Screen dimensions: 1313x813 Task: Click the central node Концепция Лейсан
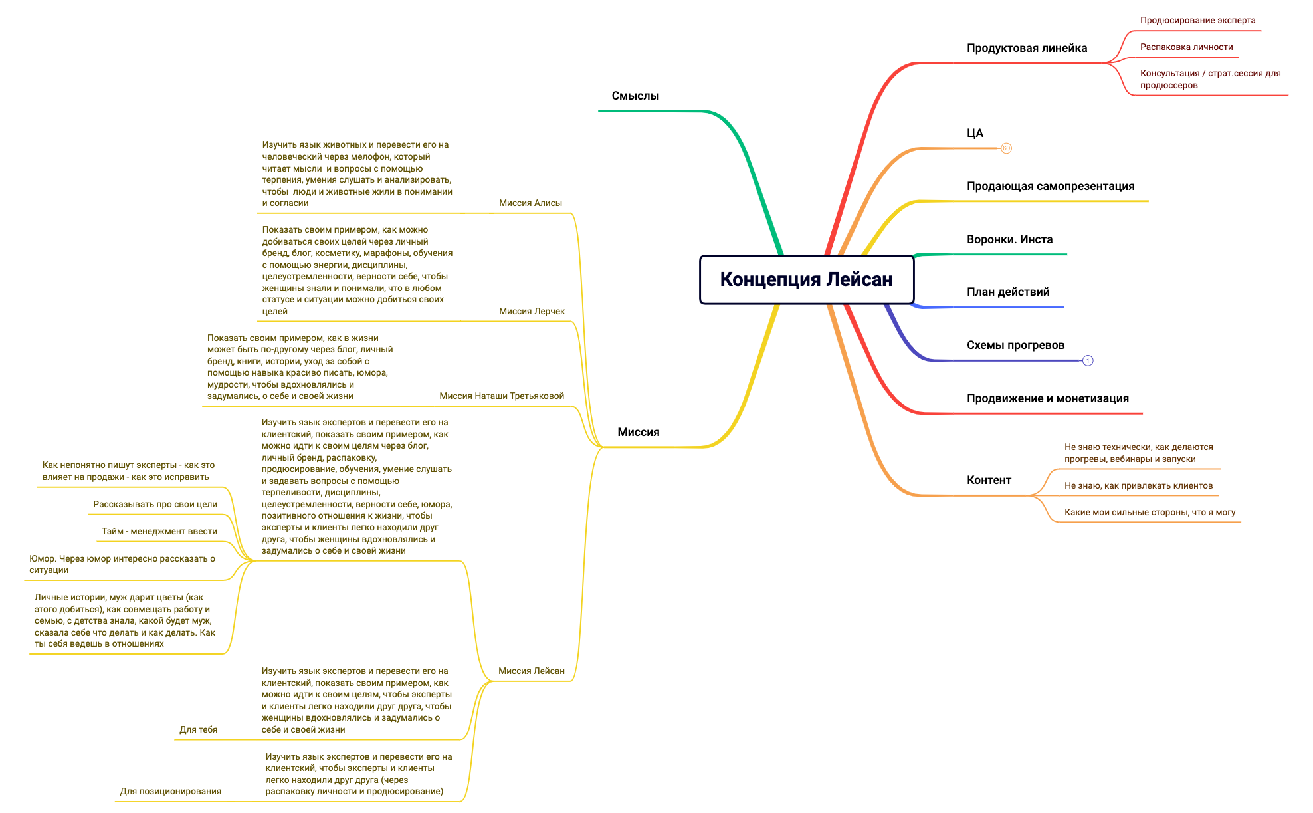(x=807, y=280)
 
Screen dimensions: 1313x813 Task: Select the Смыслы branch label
(x=635, y=96)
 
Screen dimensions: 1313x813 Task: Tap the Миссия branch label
(x=639, y=432)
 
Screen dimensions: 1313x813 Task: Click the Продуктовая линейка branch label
(x=1027, y=48)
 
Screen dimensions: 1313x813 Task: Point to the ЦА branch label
(x=975, y=133)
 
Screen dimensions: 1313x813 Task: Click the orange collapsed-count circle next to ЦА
(x=1006, y=148)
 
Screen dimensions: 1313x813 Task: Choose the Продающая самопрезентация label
(x=1051, y=186)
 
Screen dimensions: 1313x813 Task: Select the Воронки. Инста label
(x=1009, y=239)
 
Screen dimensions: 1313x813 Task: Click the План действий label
(x=1008, y=292)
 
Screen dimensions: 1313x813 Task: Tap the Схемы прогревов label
(x=1015, y=345)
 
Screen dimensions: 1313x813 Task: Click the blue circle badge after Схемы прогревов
(x=1088, y=361)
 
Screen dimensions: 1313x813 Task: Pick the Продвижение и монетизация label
(x=1047, y=398)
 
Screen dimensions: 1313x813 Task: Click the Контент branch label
(x=989, y=480)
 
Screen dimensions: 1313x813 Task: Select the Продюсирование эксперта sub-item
(x=1197, y=21)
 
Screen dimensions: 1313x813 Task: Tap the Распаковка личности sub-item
(x=1186, y=47)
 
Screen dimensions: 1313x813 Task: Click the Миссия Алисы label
(x=530, y=203)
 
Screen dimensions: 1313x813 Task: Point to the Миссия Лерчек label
(x=532, y=312)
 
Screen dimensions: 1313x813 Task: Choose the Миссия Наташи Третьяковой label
(x=502, y=396)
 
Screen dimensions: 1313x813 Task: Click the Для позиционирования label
(x=170, y=792)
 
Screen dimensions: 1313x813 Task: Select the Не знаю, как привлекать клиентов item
(x=1138, y=486)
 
